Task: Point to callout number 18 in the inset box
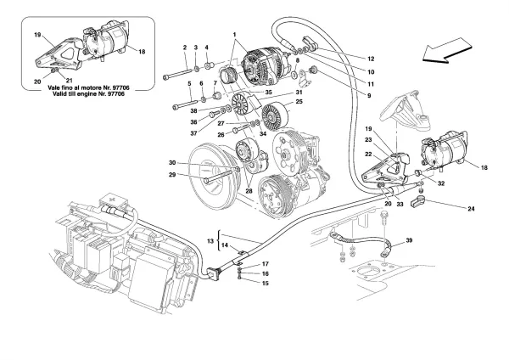(143, 52)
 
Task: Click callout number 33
(404, 205)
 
